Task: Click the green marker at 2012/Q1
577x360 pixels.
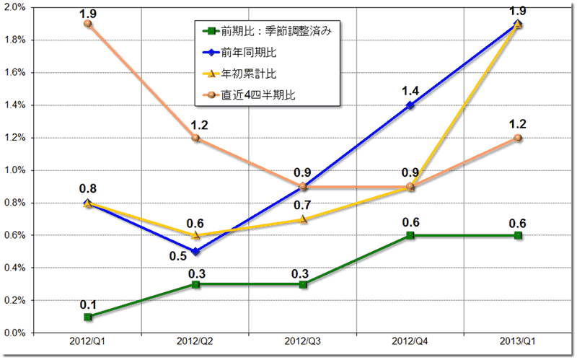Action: coord(88,317)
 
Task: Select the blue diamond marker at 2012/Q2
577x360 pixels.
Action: coord(195,252)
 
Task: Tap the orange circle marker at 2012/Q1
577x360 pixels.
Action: coord(88,24)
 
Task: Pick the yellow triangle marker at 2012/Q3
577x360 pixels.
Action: coord(303,219)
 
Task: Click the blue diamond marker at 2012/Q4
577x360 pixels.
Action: coord(410,105)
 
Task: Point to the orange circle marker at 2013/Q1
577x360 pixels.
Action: coord(518,138)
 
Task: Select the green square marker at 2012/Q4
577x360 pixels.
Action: coord(410,235)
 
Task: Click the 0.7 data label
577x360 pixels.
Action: coord(303,206)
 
